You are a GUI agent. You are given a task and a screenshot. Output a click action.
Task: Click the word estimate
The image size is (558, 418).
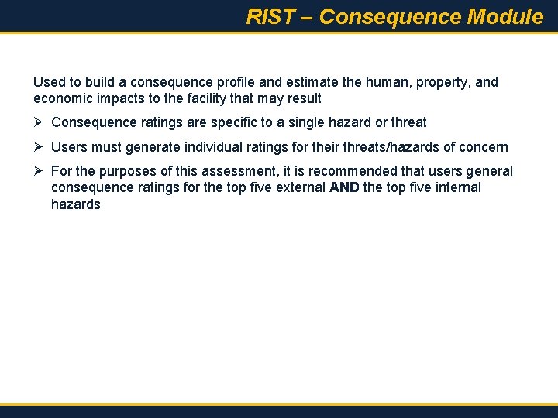tap(297, 82)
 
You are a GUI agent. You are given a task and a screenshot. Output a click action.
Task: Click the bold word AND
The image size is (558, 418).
tap(344, 187)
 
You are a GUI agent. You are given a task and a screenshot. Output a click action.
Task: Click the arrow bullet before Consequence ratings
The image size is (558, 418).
tap(39, 122)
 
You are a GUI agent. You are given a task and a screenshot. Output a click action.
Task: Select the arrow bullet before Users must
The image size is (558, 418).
tap(39, 147)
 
